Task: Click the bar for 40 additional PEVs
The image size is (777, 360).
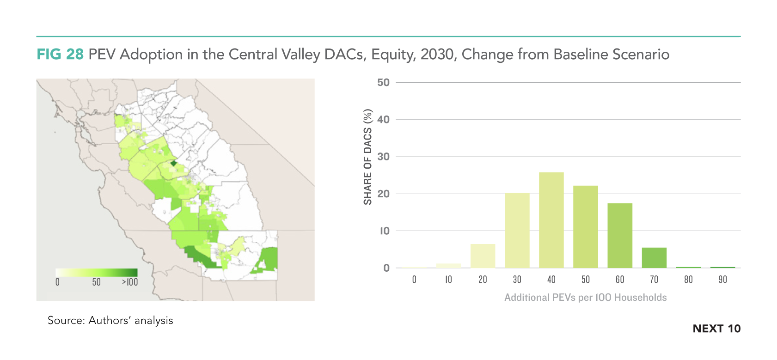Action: click(x=551, y=220)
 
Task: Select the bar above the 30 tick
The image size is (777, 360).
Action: click(x=517, y=230)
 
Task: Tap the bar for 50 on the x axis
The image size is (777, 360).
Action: click(x=586, y=227)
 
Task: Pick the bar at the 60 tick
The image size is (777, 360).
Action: click(x=620, y=236)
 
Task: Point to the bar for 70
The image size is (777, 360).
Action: click(x=654, y=258)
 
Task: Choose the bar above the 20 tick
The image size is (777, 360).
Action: click(x=483, y=256)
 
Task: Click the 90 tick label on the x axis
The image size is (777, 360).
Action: click(x=722, y=280)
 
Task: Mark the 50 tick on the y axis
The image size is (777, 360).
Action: click(x=383, y=83)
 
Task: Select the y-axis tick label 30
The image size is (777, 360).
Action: click(x=383, y=157)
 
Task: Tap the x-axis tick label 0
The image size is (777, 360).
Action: click(x=414, y=280)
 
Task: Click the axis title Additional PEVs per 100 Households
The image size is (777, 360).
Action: click(x=586, y=298)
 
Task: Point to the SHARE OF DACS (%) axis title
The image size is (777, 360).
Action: click(x=367, y=157)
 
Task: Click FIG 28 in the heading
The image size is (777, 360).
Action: click(x=60, y=55)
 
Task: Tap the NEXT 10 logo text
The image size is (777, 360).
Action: click(x=716, y=329)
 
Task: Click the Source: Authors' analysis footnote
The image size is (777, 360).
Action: click(x=110, y=320)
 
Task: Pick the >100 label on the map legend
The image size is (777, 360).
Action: click(x=130, y=282)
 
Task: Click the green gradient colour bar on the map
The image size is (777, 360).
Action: click(x=97, y=273)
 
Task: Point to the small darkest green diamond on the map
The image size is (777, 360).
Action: click(x=174, y=163)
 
